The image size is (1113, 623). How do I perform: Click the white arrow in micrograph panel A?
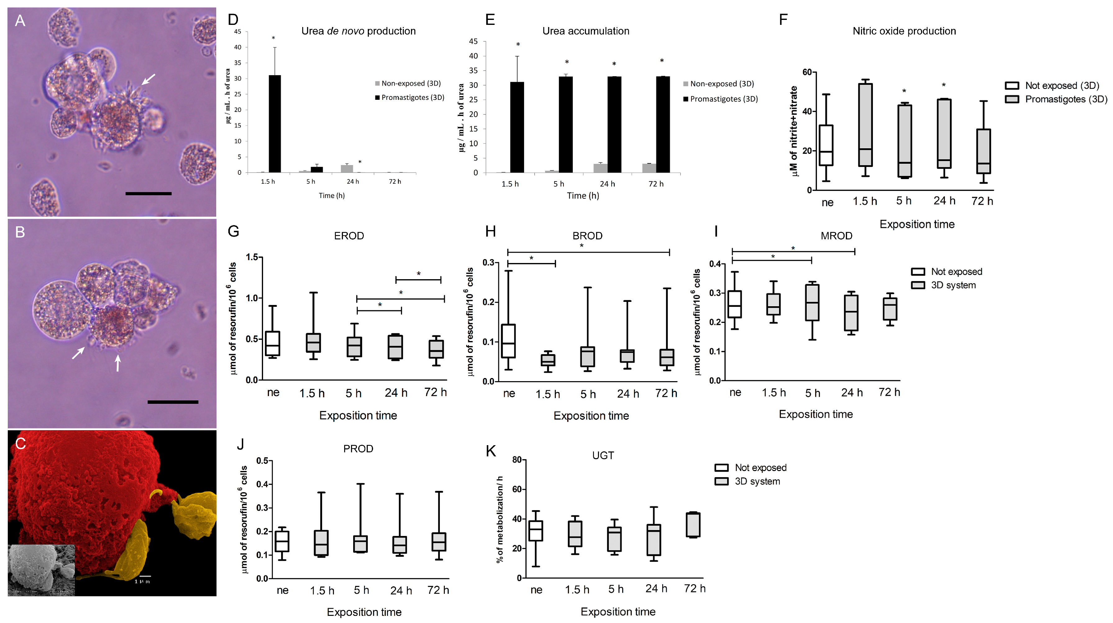(x=148, y=79)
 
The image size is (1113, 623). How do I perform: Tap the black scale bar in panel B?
(x=173, y=402)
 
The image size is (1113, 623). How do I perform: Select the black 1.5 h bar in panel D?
(x=275, y=124)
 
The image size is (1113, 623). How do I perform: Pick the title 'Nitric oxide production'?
(x=904, y=31)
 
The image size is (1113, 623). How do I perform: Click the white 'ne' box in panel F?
(x=826, y=145)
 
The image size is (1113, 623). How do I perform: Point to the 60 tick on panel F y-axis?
(x=807, y=72)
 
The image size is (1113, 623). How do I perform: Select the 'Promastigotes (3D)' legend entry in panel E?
(x=720, y=99)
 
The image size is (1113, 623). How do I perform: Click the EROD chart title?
(x=349, y=236)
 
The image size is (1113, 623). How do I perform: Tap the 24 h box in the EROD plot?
(x=395, y=347)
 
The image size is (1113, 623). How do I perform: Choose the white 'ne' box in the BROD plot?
(x=508, y=341)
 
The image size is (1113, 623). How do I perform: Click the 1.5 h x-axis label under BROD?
(x=547, y=394)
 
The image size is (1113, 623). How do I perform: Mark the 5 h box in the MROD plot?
(x=812, y=302)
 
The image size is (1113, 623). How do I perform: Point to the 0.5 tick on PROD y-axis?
(x=262, y=461)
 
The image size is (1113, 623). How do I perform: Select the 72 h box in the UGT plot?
(x=693, y=525)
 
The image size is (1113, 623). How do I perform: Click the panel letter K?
(x=490, y=451)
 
